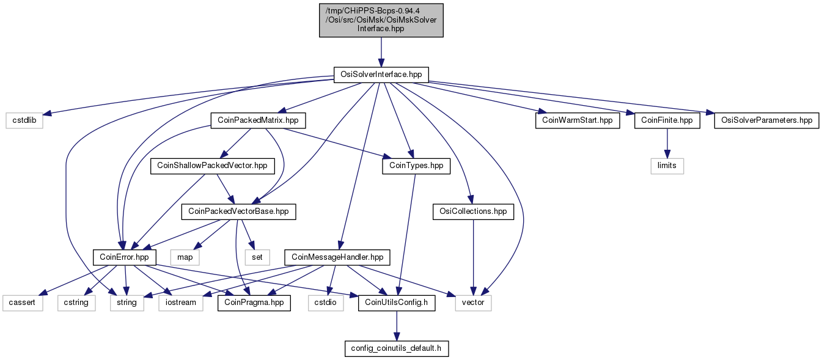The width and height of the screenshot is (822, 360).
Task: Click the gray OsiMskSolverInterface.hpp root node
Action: (x=381, y=20)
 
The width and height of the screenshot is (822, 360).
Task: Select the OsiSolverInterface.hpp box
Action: (x=381, y=75)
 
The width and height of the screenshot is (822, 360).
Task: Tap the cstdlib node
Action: (x=24, y=120)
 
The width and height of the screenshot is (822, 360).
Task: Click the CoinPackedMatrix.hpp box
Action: (x=258, y=120)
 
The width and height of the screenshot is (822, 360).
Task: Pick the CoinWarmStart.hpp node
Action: (x=578, y=120)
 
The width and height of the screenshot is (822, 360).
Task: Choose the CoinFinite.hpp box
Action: (x=667, y=120)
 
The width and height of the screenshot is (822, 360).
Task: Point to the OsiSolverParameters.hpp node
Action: (x=766, y=120)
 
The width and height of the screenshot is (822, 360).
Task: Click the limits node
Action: (x=667, y=166)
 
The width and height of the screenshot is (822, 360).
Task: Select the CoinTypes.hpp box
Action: (x=416, y=166)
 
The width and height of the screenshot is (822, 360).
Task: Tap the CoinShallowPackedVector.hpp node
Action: (x=212, y=166)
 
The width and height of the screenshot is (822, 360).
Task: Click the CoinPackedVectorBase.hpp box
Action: (x=238, y=211)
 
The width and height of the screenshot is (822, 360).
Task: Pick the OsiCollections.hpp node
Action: (x=473, y=211)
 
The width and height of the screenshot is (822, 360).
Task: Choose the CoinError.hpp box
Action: (x=125, y=257)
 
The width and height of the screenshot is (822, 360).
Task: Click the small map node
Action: (x=185, y=257)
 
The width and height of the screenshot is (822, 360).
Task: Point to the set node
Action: (x=257, y=257)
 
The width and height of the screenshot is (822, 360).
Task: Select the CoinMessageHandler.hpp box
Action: (x=337, y=257)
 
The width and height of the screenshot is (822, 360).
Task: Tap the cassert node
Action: (x=23, y=303)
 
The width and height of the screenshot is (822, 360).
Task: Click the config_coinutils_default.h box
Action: (x=396, y=348)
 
